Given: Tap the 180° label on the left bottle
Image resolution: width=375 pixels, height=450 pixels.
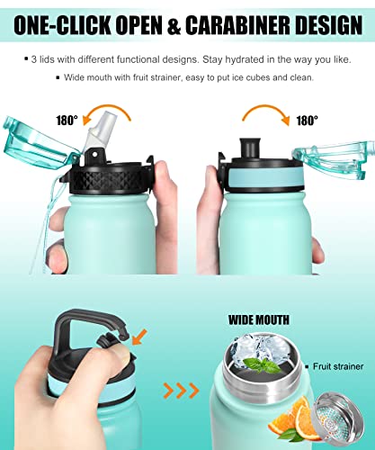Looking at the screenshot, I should (67, 118).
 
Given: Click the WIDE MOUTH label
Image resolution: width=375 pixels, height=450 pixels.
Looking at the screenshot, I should (258, 318).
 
